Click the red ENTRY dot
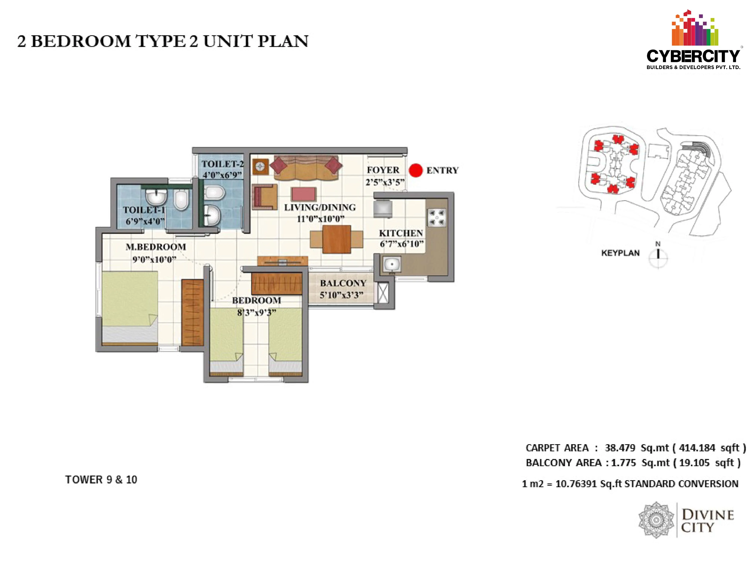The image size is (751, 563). click(415, 170)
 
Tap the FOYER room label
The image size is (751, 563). click(383, 170)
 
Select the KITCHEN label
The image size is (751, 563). click(401, 233)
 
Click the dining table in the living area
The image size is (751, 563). click(336, 239)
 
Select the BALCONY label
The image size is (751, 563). click(343, 283)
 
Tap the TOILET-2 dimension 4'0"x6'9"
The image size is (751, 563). click(222, 175)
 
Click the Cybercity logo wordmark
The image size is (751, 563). click(693, 56)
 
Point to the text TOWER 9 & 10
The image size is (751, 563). click(101, 479)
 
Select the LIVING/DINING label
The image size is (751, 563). click(320, 207)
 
